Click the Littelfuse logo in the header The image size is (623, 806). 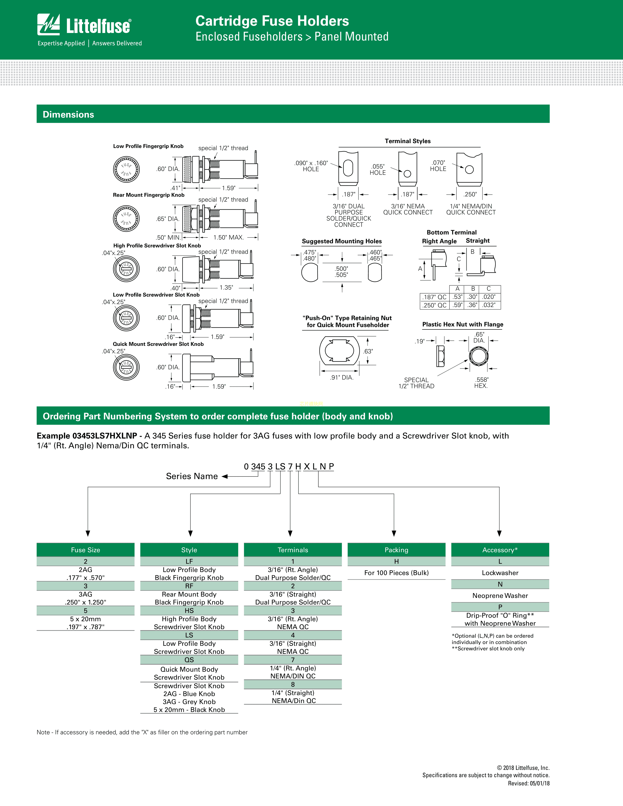click(84, 25)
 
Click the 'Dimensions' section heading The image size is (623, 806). click(68, 114)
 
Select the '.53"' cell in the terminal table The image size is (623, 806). click(457, 297)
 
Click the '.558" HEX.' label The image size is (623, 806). click(481, 383)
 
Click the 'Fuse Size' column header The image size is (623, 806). click(86, 550)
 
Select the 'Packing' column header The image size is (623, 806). click(396, 550)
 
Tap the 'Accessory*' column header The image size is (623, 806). click(500, 550)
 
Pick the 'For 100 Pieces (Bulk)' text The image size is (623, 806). click(396, 573)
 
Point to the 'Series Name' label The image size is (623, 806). click(192, 476)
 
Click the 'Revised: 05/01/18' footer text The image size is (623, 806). click(528, 783)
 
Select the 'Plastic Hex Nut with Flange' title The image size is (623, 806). click(463, 324)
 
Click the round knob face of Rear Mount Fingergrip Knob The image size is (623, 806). click(126, 219)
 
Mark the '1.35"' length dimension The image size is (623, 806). click(226, 287)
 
